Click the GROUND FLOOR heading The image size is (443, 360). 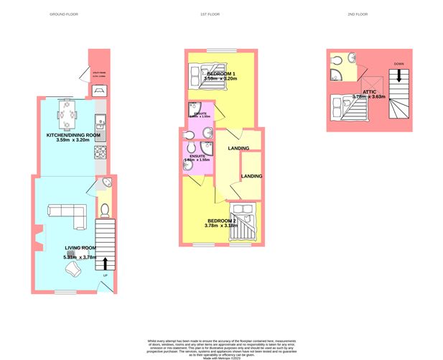63,14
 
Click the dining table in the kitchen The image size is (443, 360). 70,112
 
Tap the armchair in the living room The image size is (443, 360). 73,270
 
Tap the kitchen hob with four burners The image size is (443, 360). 101,152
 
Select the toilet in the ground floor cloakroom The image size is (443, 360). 104,210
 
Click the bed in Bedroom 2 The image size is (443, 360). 244,220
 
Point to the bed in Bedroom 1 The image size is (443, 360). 197,74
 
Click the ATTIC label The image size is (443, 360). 369,91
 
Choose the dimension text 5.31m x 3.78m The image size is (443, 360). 80,257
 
